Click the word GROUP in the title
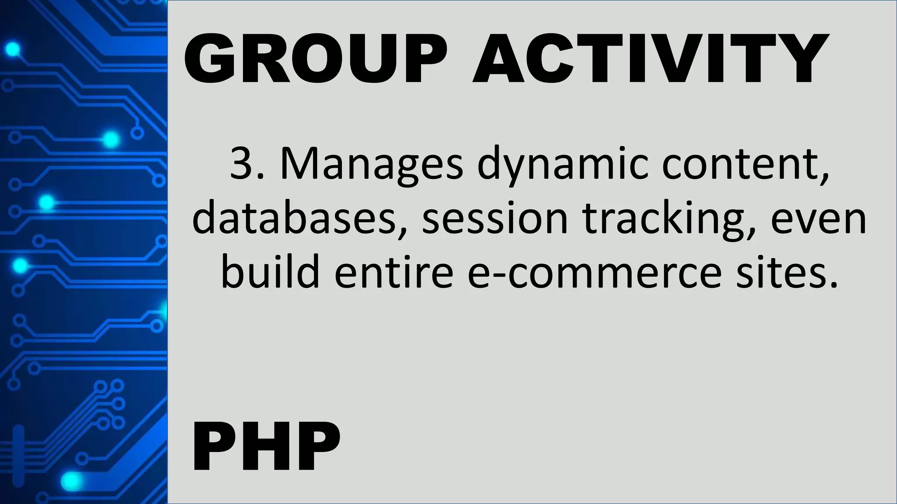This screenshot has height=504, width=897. coord(316,58)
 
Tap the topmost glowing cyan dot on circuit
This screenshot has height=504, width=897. coord(13,49)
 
